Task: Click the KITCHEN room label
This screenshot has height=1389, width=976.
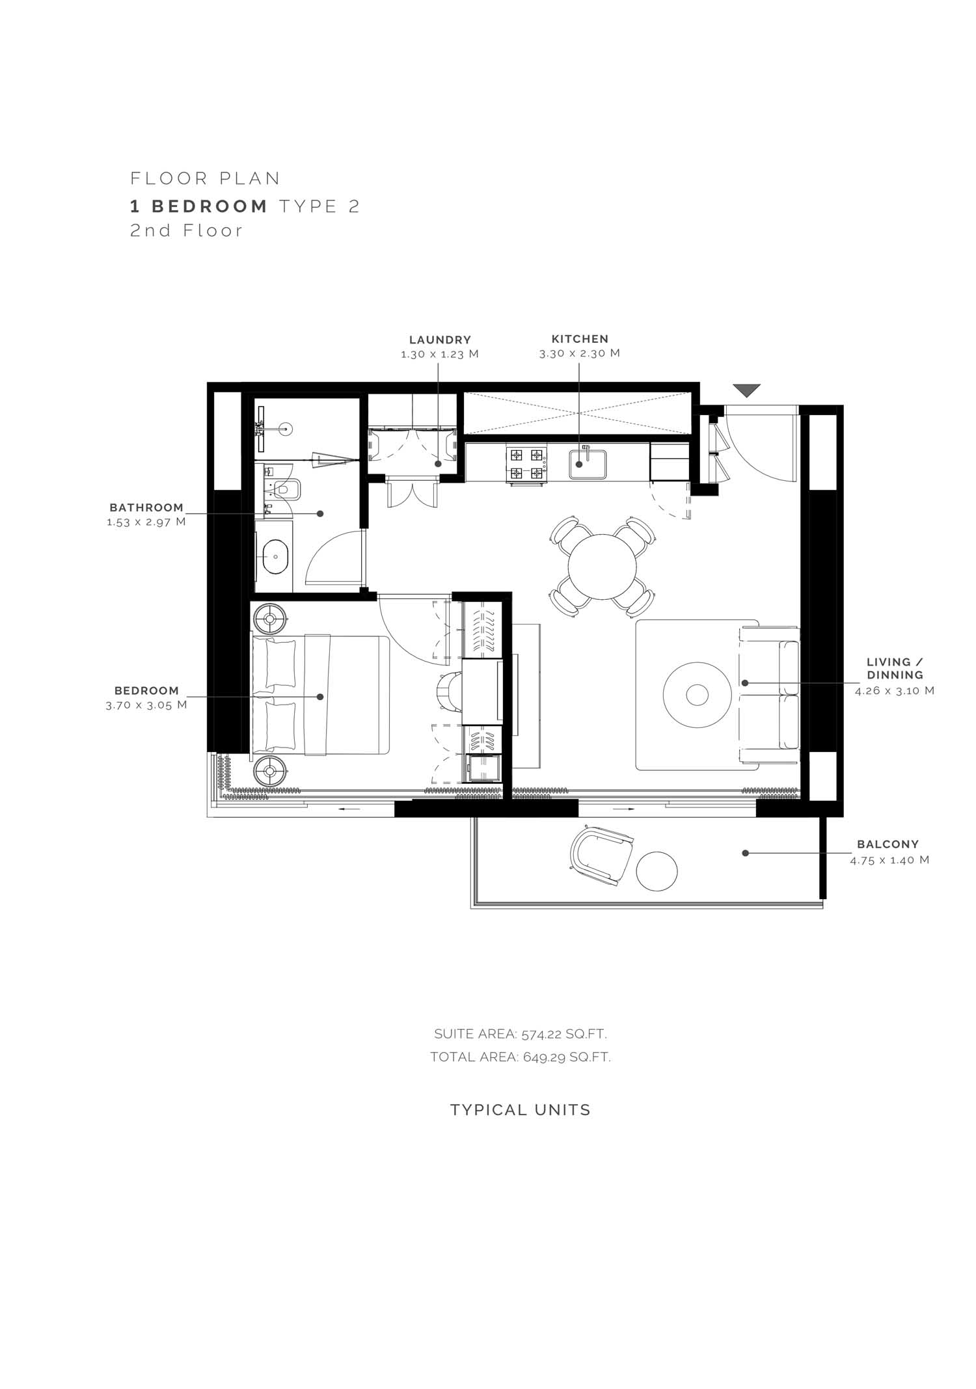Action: (580, 339)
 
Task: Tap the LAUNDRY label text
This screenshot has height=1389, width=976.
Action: (440, 340)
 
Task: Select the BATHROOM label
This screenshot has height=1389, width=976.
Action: (146, 507)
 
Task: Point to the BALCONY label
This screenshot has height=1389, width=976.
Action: (888, 844)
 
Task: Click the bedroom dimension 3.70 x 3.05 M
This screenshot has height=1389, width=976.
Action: (146, 705)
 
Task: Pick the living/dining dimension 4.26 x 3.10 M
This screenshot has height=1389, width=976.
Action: (895, 690)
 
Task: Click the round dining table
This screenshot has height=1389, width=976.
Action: (602, 567)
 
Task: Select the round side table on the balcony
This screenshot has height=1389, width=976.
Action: (657, 871)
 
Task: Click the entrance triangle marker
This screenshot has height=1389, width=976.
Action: (746, 390)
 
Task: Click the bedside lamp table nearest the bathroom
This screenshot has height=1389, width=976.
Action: (270, 619)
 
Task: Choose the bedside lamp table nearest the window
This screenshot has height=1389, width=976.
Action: (270, 772)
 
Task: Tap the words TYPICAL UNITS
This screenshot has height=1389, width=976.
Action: (521, 1110)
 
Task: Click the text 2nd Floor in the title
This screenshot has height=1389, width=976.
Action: (186, 230)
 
